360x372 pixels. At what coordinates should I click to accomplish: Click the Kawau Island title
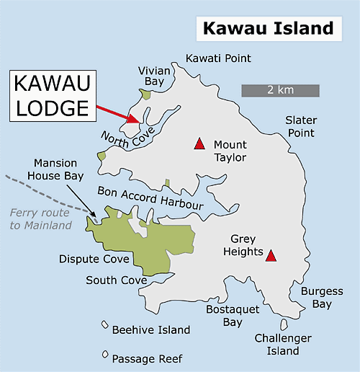click(268, 28)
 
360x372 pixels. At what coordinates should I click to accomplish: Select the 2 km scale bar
click(279, 90)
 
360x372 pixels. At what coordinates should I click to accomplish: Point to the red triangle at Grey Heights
click(271, 255)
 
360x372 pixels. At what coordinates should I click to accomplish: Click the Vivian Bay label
click(153, 76)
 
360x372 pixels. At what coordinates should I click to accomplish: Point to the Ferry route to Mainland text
click(40, 219)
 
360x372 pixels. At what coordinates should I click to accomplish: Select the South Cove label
click(111, 280)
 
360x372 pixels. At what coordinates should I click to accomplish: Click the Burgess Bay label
click(317, 298)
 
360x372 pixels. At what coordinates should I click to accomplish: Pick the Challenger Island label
click(283, 345)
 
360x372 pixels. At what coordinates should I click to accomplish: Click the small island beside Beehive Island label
click(105, 325)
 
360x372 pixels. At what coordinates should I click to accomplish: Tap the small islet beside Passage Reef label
click(105, 354)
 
